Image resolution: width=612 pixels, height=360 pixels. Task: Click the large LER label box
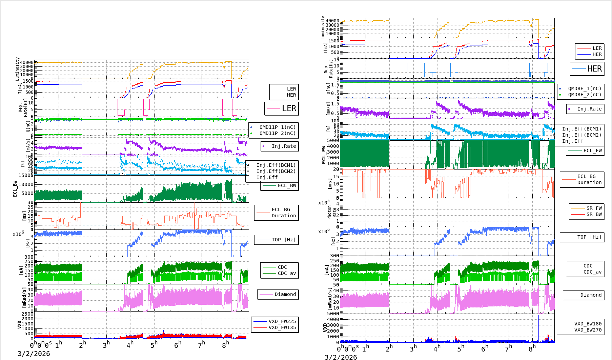click(x=282, y=108)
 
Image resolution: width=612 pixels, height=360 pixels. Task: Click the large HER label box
click(x=587, y=69)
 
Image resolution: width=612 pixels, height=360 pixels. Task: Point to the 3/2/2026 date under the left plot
click(x=34, y=354)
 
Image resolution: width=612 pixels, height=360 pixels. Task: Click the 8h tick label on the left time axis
click(x=225, y=344)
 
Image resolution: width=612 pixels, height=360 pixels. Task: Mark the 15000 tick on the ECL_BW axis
click(x=26, y=175)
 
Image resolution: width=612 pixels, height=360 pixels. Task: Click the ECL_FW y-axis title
click(x=324, y=155)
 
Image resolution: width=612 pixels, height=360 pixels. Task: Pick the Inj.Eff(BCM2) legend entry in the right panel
click(x=582, y=135)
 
